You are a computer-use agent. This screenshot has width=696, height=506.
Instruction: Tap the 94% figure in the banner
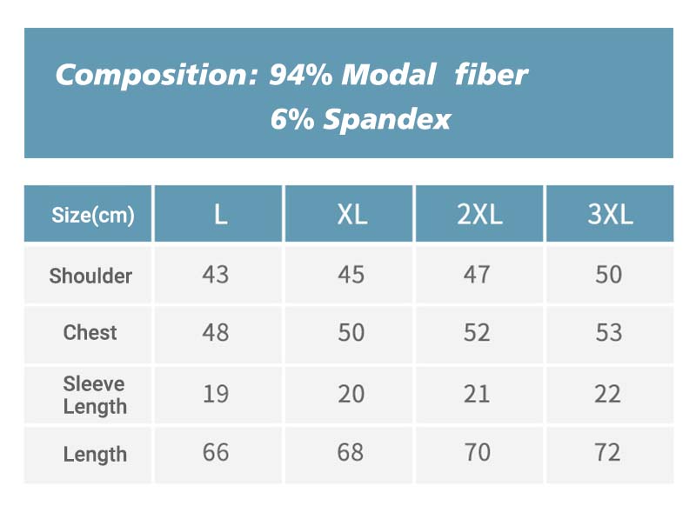coord(300,74)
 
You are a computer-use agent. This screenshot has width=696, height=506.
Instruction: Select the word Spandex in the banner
coord(386,119)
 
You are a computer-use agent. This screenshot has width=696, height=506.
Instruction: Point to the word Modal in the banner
coord(388,74)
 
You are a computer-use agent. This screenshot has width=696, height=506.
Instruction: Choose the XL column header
coord(352,215)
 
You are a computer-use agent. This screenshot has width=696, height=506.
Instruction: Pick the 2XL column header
coord(479,215)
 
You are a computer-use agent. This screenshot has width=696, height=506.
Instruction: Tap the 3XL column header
coord(610,215)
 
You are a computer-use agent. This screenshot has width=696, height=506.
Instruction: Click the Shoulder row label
coord(90,276)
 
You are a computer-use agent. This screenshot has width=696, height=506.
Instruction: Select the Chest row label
coord(90,333)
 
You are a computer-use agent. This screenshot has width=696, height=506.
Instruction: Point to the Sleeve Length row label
coord(95,395)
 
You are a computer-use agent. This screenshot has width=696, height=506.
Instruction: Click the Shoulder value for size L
coord(216,275)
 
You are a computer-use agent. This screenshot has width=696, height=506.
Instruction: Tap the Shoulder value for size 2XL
coord(477,275)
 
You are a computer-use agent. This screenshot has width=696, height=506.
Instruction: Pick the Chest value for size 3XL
coord(608,333)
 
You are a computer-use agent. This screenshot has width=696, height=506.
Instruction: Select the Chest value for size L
coord(216,333)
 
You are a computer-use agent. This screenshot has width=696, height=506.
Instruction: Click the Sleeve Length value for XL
coord(351,394)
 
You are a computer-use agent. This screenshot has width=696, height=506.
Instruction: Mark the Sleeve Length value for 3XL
coord(607,394)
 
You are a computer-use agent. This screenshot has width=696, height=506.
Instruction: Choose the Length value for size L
coord(216,452)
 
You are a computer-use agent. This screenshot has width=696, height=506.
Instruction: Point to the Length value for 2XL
coord(477,452)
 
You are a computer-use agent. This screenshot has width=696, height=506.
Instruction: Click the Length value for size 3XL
coord(607,452)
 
